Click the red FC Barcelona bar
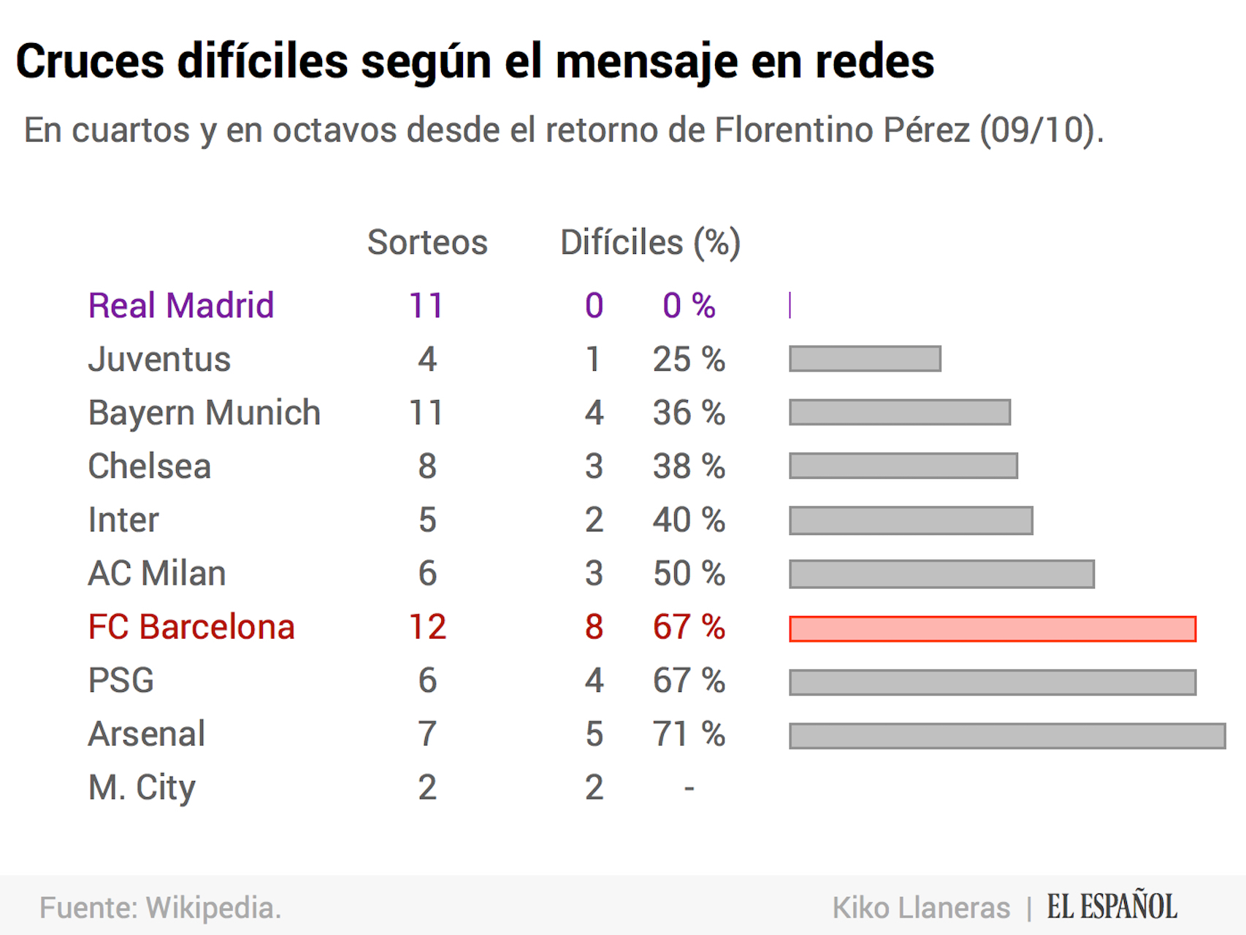click(992, 628)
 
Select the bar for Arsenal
click(1006, 736)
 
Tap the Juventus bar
click(865, 359)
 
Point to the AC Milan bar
click(941, 574)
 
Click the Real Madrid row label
click(180, 305)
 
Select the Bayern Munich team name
click(204, 413)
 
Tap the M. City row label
click(142, 788)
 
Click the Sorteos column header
click(427, 242)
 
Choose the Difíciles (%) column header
click(650, 242)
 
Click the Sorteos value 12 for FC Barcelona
click(427, 627)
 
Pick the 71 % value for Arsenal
click(689, 734)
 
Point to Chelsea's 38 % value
click(689, 466)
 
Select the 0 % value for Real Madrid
click(689, 305)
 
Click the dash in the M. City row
click(689, 788)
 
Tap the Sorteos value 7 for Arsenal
click(427, 734)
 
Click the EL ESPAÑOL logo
click(1112, 907)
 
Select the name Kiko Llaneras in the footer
click(921, 908)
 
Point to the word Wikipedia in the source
click(213, 908)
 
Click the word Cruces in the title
click(90, 61)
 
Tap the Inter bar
click(911, 520)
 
